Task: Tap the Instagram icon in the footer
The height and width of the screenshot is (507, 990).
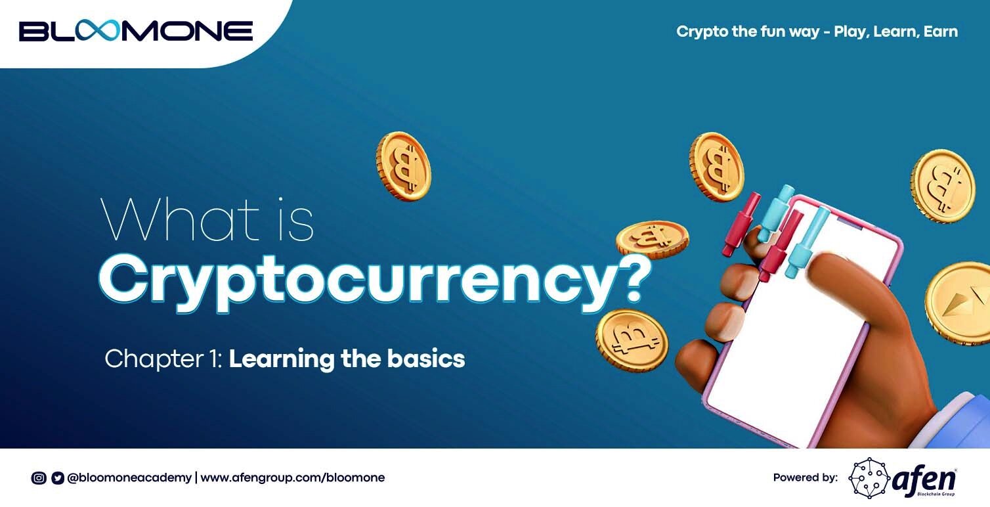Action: (x=39, y=478)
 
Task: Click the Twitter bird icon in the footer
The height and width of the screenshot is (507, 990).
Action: (x=58, y=478)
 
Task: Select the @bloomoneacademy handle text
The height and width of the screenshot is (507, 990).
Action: (x=129, y=478)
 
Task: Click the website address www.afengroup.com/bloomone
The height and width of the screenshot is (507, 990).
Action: (x=293, y=478)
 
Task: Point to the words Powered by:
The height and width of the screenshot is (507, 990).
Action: (x=806, y=477)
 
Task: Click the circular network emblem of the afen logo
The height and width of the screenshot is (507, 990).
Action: (x=869, y=478)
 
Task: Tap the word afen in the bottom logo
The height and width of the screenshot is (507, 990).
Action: (x=924, y=478)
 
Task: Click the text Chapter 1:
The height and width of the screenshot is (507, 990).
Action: (x=163, y=359)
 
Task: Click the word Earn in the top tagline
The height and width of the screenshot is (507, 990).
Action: (x=941, y=32)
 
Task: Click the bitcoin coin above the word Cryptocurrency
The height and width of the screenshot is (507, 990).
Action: (x=404, y=166)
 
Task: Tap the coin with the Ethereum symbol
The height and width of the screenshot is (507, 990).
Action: (x=958, y=303)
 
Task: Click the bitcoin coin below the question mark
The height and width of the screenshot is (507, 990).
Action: (x=632, y=340)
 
